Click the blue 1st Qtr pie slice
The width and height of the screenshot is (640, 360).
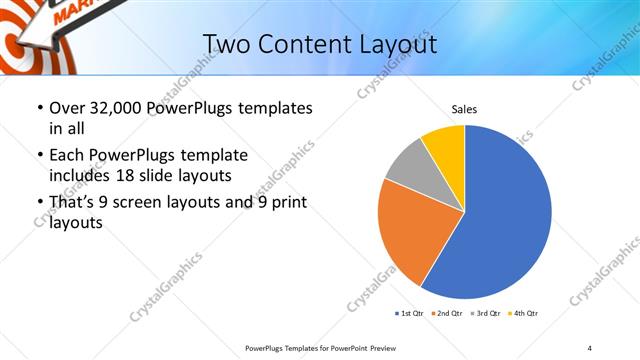click(510, 220)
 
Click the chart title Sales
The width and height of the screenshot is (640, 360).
click(464, 108)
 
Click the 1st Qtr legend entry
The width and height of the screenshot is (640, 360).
click(410, 314)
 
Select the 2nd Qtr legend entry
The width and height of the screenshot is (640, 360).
click(446, 314)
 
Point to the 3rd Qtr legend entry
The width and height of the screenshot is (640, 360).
click(483, 314)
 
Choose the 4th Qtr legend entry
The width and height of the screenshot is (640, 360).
click(521, 314)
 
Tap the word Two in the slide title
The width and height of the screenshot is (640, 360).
click(225, 44)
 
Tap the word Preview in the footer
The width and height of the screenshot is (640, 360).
click(391, 348)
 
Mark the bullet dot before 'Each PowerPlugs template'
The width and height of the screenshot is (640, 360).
click(39, 156)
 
